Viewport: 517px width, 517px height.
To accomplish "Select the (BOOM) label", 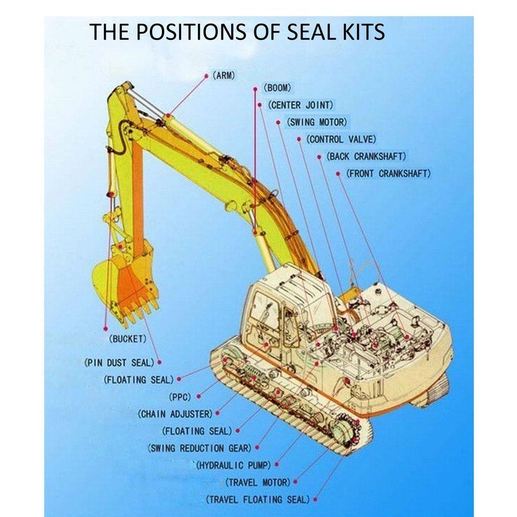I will coord(278,88).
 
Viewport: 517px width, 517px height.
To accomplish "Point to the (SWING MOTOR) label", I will coord(317,122).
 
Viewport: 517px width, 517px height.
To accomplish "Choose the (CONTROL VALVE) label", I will coord(341,139).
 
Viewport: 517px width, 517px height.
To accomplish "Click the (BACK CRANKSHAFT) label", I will coord(366,157).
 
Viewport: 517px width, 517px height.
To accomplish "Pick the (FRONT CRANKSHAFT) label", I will coord(388,174).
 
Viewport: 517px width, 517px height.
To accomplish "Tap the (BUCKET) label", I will coord(128,339).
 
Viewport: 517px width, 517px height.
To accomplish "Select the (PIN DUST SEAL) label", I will coord(119,363).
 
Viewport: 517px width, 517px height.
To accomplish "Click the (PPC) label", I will coord(180,397).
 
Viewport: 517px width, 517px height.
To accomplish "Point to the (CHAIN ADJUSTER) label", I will coord(175,414).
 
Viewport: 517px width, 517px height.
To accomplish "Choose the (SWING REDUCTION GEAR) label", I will coord(199,448).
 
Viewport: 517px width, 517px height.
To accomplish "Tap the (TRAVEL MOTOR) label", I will coord(257,482).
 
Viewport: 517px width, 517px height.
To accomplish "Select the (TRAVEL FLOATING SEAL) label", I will coord(257,499).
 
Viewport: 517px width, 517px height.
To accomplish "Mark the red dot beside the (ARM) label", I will coord(206,76).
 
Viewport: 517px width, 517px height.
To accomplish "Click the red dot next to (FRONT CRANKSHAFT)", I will coord(338,174).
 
